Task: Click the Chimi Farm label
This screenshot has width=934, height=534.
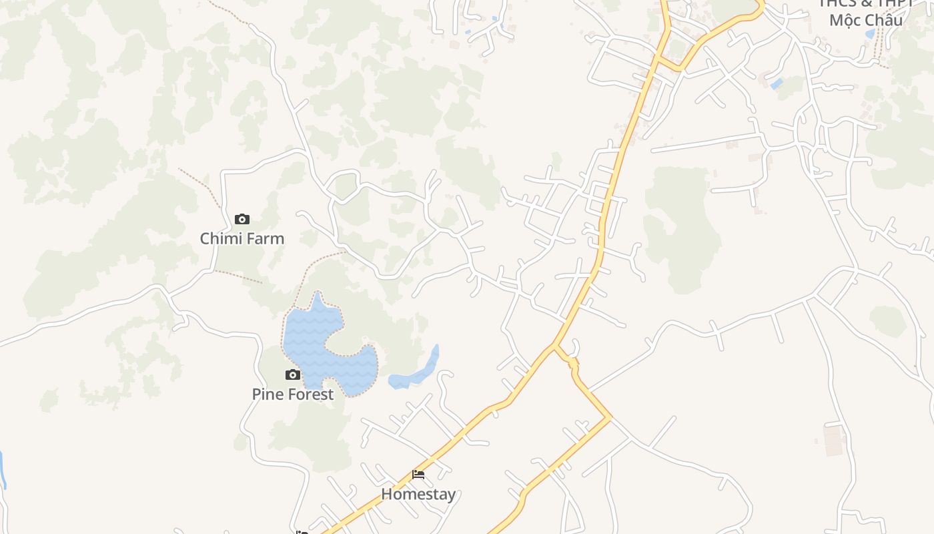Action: [242, 238]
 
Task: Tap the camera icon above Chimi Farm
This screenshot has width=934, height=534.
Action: [242, 219]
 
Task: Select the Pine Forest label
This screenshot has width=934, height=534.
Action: [292, 394]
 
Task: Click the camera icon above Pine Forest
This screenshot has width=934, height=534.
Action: [293, 374]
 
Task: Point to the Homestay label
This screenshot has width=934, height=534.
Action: [418, 494]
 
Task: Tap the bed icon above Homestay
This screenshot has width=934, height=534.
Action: [418, 475]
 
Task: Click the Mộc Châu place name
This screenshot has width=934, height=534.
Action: [866, 20]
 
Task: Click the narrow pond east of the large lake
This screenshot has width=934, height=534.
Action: [417, 370]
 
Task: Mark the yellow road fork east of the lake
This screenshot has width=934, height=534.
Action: [554, 346]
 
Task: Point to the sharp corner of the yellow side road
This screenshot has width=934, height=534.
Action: [609, 419]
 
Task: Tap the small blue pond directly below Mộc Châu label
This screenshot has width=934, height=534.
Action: [870, 33]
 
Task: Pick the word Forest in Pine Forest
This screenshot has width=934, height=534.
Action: [308, 394]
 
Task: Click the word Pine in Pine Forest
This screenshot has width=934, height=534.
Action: [266, 394]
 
